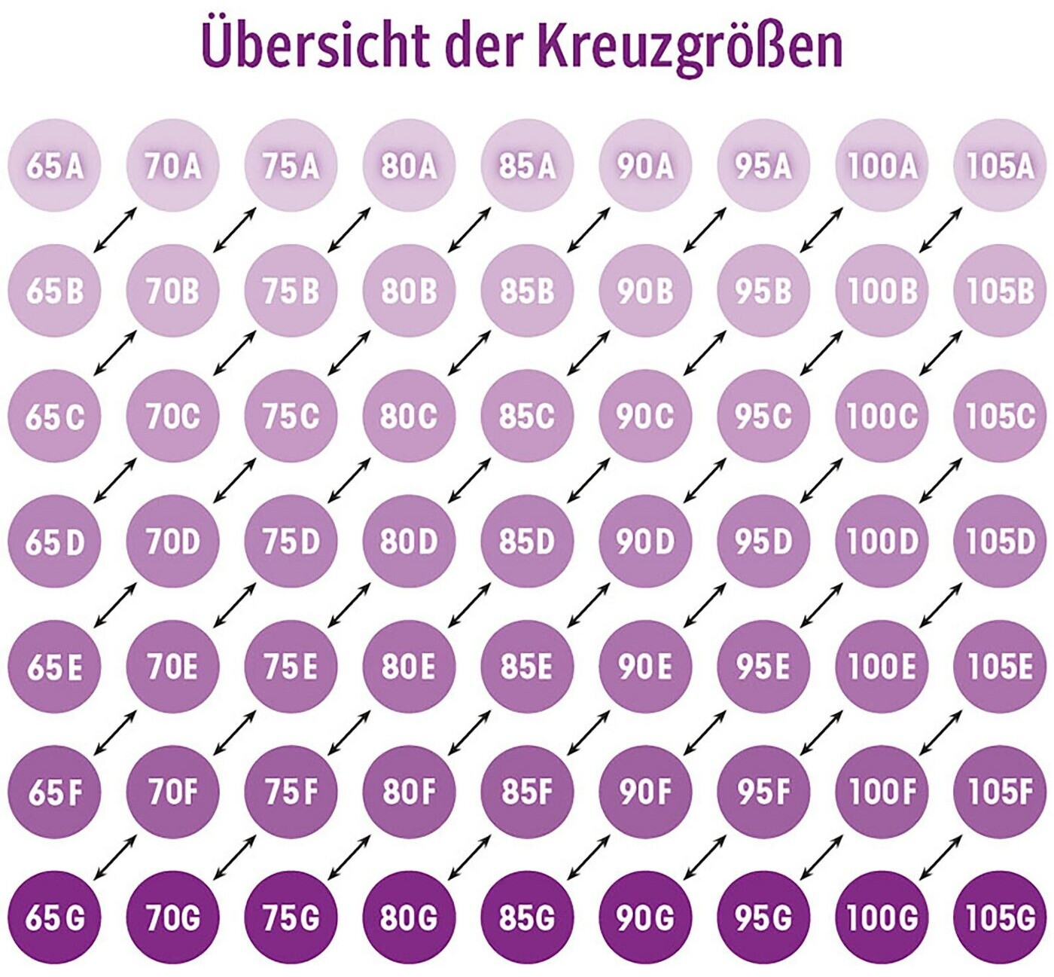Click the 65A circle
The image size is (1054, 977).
coord(54,166)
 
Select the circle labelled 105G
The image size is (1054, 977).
coord(1000,917)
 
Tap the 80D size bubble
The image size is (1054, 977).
coord(409,541)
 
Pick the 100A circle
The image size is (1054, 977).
coord(882,166)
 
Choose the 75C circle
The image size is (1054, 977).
coord(291,416)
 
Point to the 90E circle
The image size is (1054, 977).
coord(645,667)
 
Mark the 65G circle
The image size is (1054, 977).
coord(54,917)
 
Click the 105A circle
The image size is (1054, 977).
coord(1000,166)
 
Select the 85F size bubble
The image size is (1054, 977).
coord(527,792)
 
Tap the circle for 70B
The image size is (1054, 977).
coord(172,291)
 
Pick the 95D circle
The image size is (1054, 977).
coord(763,541)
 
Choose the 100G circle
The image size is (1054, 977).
coord(882,917)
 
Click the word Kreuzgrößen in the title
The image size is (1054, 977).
coord(690,47)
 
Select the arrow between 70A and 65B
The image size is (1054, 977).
coord(114,229)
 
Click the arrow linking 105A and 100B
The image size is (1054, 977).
coord(941,229)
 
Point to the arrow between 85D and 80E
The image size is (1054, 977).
coord(469,605)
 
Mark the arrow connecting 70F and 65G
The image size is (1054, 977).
coord(114,856)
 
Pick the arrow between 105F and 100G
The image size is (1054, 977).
coord(941,856)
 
